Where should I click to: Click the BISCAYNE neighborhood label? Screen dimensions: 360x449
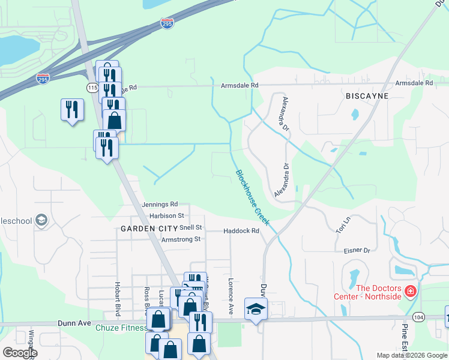(x=367, y=96)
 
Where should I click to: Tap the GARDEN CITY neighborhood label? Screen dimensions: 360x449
(x=147, y=229)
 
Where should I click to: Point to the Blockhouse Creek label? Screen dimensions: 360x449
(x=253, y=199)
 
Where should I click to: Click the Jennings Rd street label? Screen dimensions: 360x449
(x=160, y=205)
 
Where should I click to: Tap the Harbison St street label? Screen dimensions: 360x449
(x=166, y=215)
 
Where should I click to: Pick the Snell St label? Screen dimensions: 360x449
(x=191, y=228)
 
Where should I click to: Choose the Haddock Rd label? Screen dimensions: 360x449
(x=241, y=231)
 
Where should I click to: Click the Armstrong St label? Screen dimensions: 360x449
(x=181, y=239)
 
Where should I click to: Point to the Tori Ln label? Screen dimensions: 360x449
(x=342, y=226)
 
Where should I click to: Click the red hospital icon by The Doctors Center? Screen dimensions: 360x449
(x=411, y=292)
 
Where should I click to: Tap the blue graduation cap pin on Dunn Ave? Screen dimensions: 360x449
(x=256, y=309)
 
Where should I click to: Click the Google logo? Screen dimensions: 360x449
(x=19, y=352)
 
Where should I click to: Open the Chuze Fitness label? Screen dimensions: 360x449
(x=121, y=328)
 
